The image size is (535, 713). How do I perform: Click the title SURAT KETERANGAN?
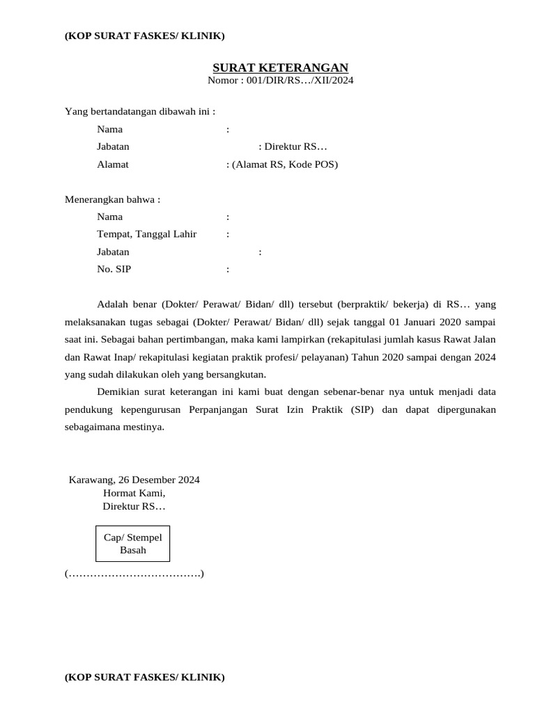coord(280,68)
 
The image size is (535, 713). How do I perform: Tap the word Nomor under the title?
coord(222,81)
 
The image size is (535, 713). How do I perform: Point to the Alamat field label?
coord(113,165)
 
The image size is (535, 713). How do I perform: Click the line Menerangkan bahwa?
coord(112,200)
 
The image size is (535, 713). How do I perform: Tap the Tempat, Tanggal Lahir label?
coord(146,234)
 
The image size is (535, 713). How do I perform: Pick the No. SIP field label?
coord(114,269)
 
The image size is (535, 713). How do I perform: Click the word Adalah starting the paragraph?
coord(114,305)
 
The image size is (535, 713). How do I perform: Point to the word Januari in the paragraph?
coord(416,323)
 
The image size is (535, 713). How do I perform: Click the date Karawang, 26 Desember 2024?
coord(134,480)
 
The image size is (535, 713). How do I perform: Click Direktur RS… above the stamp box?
coord(134,506)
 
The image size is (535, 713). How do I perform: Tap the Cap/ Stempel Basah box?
coord(132,544)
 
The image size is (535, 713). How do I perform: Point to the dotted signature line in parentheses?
coord(134,574)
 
